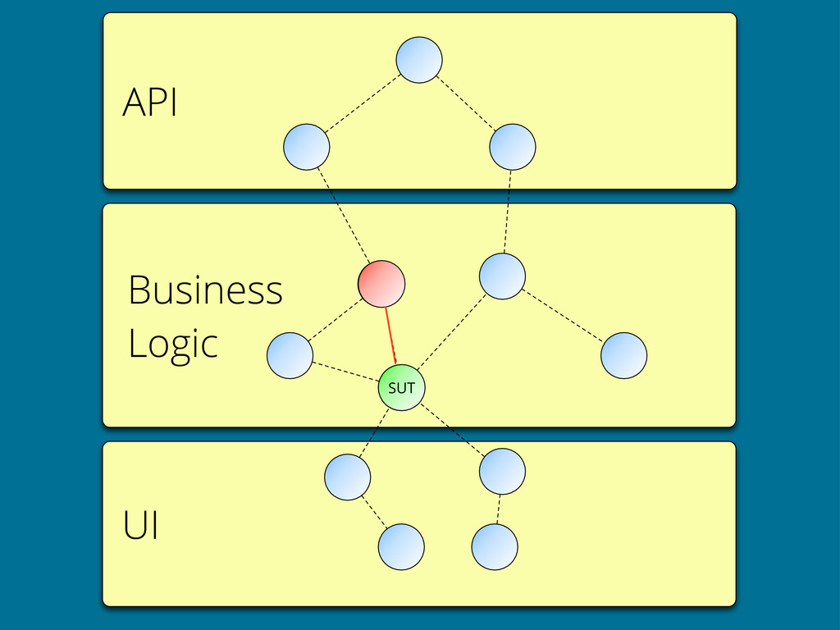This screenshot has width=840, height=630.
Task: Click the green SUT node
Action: (x=402, y=387)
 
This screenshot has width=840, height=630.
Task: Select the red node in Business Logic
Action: (x=381, y=284)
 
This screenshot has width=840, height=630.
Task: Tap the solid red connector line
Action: (x=390, y=336)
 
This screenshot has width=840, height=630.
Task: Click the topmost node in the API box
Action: (x=419, y=60)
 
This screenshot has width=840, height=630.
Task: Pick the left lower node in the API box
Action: (x=307, y=147)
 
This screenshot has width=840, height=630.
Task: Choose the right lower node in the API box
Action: (x=513, y=147)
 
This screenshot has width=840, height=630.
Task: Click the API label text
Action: (x=149, y=102)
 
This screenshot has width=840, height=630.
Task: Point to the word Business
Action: (x=205, y=290)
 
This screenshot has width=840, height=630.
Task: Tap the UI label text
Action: (x=140, y=525)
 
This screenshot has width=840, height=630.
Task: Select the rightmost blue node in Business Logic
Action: (x=624, y=356)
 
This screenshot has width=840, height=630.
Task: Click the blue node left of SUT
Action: (x=290, y=356)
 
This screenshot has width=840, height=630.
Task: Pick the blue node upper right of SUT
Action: (x=503, y=276)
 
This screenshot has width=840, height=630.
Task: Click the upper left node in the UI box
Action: (x=348, y=477)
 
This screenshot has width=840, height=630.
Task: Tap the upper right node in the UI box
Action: (x=503, y=472)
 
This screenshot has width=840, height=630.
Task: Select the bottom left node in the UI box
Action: (x=401, y=547)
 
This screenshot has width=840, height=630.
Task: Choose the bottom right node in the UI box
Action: (x=495, y=547)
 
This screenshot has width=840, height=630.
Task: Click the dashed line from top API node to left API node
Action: (x=363, y=103)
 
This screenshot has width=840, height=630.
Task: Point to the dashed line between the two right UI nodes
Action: (x=499, y=509)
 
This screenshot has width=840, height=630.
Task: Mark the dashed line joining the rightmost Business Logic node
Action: (x=563, y=316)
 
